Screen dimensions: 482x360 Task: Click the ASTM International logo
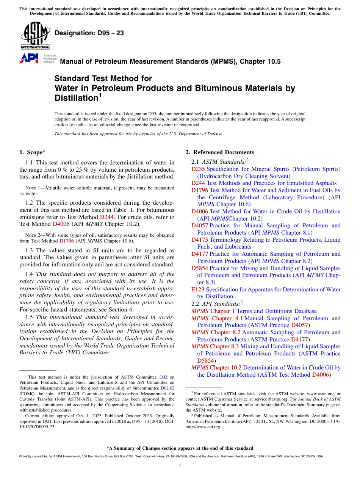(35, 36)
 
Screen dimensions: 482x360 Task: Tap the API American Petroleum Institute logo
(37, 58)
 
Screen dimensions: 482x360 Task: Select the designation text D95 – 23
(89, 33)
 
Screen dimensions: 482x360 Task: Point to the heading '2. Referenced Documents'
(220, 152)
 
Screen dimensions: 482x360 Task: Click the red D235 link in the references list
(198, 169)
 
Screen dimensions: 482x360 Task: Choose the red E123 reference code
(198, 290)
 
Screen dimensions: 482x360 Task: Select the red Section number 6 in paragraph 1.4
(131, 310)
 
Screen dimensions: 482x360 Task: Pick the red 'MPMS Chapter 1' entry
(213, 311)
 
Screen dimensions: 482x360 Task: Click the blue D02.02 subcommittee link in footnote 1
(167, 388)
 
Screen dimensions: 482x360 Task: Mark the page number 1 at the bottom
(180, 466)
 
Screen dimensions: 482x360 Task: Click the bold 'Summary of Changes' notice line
(180, 448)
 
